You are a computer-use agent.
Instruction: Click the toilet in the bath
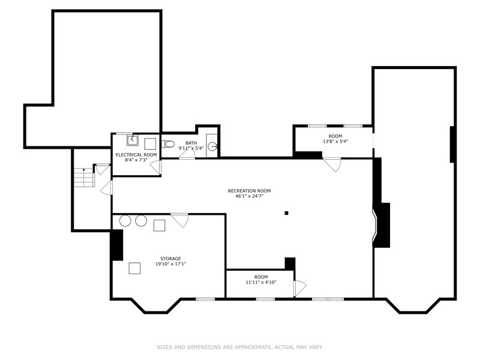point(168,144)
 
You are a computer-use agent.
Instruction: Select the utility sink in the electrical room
point(133,141)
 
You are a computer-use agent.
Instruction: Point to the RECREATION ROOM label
point(249,191)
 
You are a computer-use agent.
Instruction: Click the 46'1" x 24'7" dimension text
point(249,197)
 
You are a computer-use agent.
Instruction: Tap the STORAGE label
point(170,259)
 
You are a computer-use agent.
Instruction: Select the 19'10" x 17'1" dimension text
point(170,265)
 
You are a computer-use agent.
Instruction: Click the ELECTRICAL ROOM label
point(136,155)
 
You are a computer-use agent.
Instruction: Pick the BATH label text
point(191,143)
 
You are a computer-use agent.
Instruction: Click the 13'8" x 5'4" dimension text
point(335,142)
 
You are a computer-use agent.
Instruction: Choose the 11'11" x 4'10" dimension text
point(260,283)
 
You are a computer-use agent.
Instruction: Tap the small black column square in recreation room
point(287,212)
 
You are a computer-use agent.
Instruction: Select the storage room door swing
point(179,220)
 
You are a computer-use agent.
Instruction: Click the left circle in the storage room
point(125,221)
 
